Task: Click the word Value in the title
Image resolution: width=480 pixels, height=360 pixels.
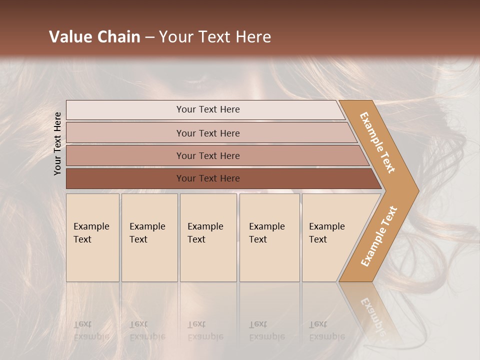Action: [70, 37]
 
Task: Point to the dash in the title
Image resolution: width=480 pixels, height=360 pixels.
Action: [149, 37]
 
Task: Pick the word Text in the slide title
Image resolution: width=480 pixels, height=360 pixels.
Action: [212, 37]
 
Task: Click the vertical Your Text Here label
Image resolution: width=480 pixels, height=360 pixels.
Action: [58, 143]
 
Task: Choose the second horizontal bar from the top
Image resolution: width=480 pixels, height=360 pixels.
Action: [207, 133]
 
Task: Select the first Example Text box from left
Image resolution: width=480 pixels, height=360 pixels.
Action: [92, 237]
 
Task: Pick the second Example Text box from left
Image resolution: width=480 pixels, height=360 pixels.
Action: [149, 237]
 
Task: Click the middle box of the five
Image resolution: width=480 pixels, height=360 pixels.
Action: [208, 237]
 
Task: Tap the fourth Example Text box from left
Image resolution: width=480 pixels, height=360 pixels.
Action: [269, 237]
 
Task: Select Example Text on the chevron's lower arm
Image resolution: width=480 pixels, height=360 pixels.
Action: [379, 236]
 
